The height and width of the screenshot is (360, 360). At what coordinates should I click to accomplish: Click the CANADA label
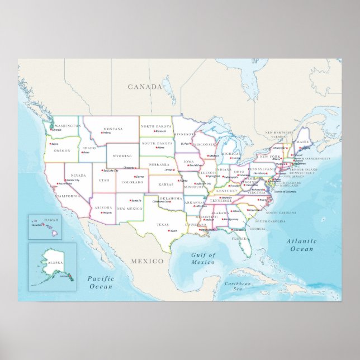[x=145, y=87]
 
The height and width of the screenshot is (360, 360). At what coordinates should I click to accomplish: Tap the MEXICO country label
[x=147, y=261]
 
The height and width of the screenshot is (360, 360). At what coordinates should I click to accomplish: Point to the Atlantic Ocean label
[x=301, y=245]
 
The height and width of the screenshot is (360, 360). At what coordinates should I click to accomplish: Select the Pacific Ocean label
[x=101, y=282]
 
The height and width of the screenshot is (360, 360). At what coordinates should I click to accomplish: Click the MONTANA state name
[x=113, y=127]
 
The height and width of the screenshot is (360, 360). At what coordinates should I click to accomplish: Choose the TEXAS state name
[x=162, y=225]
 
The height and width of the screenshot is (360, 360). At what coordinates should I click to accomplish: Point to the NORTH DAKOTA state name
[x=156, y=126]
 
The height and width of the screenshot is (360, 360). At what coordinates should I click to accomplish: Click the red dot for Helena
[x=103, y=132]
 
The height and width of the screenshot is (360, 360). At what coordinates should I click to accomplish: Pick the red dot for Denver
[x=135, y=177]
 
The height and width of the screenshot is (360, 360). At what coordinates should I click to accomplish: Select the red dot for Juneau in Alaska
[x=65, y=275]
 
